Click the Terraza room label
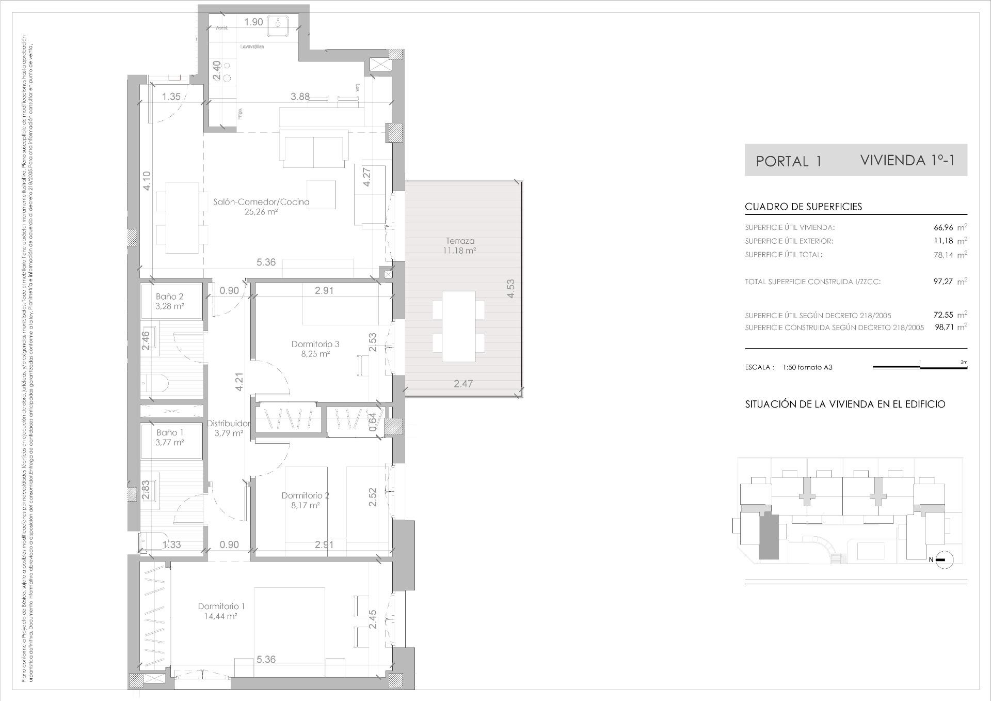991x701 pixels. coord(460,241)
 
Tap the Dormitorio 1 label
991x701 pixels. coord(221,606)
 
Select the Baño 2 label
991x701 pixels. coord(170,297)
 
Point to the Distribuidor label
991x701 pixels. coord(229,424)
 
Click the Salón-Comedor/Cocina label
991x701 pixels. coord(261,202)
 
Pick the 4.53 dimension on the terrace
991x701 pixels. coord(510,288)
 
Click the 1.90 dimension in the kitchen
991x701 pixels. coord(253,22)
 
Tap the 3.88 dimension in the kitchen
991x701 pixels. coord(300,97)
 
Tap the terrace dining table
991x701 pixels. coord(458,326)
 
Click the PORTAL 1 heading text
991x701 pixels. coord(788,162)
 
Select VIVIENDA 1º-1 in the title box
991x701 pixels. coord(907,160)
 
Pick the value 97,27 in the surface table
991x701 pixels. coord(944,282)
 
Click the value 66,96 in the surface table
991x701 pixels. coord(944,227)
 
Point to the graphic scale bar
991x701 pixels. coord(920,367)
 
